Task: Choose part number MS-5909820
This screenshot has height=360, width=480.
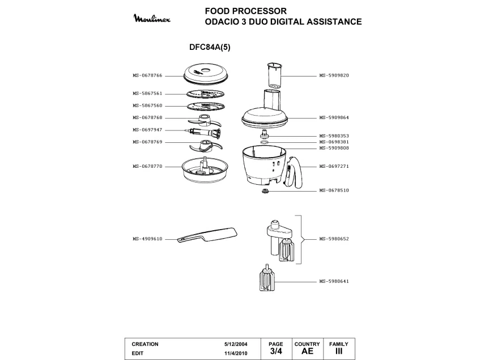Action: pos(334,75)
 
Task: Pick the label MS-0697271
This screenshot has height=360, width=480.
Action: pos(334,166)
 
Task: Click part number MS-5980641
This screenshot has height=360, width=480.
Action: pos(334,282)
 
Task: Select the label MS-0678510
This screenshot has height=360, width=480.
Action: pos(334,190)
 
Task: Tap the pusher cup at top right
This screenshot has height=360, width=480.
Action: pos(273,74)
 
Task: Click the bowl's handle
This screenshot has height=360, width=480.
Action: pos(293,173)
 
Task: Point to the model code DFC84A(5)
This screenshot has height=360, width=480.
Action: pos(209,48)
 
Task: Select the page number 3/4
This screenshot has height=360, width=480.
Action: pos(276,351)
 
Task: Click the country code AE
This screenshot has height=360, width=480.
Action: pos(307,351)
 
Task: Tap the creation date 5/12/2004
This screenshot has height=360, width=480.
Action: pos(235,344)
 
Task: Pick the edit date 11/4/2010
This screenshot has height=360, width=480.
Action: pos(235,353)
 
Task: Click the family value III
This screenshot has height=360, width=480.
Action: pos(339,351)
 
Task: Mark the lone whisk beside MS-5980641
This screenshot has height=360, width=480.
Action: pos(265,281)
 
